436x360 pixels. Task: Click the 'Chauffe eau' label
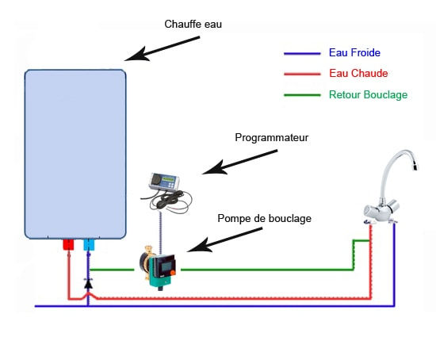193,25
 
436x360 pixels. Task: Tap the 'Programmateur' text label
272,137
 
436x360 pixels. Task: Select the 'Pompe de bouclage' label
264,218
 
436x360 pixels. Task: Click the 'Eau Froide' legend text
354,52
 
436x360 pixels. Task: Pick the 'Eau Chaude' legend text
358,73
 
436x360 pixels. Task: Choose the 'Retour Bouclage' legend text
368,94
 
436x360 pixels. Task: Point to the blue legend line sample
302,53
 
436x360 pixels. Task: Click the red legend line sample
302,74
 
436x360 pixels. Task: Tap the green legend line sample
302,95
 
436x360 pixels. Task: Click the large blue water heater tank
75,154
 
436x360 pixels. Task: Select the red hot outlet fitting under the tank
68,244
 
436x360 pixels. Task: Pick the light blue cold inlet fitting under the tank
89,245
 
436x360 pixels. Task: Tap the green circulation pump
159,268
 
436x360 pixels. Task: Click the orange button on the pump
172,273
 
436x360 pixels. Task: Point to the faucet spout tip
415,167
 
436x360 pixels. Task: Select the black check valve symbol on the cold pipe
88,284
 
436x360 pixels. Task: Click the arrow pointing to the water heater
162,48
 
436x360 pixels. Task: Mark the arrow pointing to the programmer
239,163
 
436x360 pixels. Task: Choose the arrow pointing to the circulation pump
224,239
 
